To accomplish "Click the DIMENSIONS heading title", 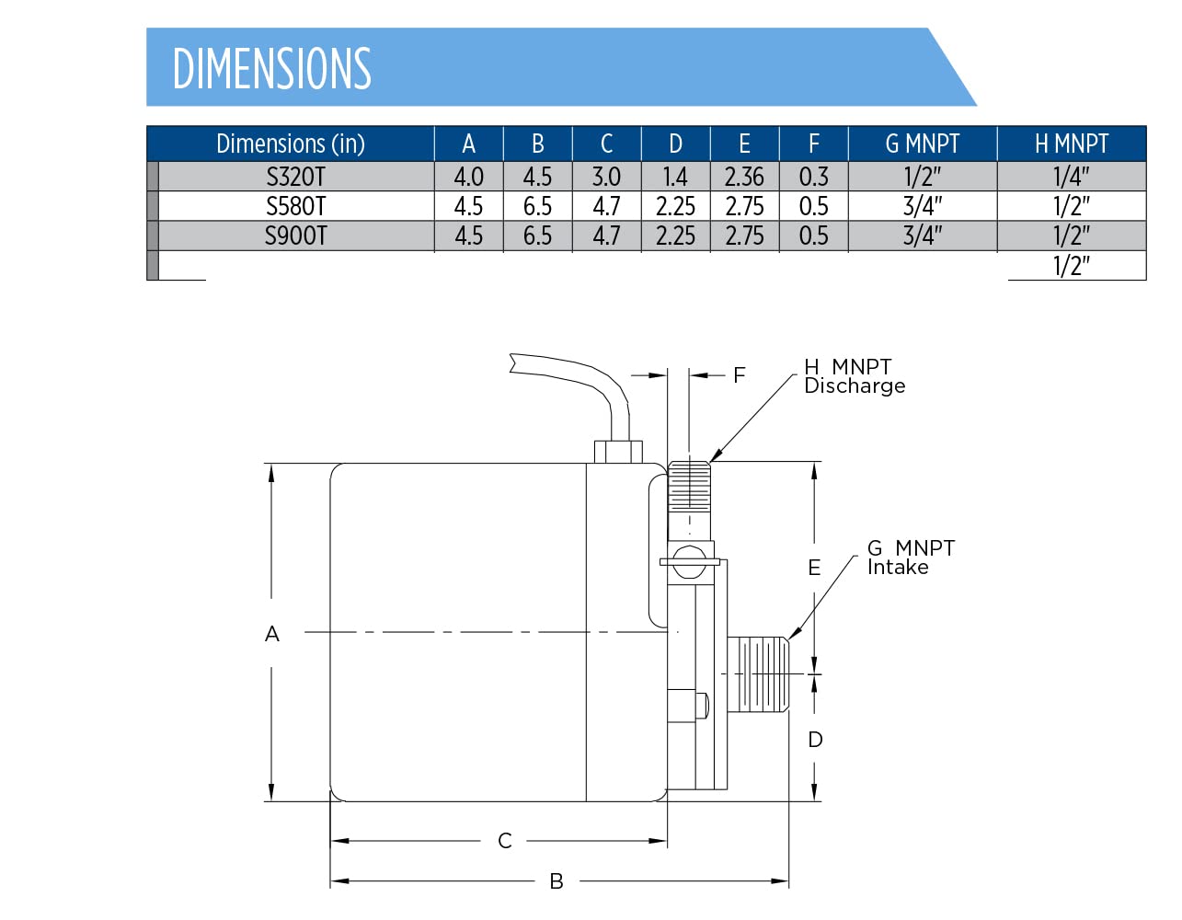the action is tap(271, 68).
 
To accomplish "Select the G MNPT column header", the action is tap(922, 144).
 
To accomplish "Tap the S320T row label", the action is tap(295, 177).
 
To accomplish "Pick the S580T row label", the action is tap(295, 206).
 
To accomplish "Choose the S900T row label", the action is tap(295, 236).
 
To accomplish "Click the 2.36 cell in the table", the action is tap(744, 177).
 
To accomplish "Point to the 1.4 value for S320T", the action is tap(675, 177).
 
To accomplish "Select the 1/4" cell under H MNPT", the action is tap(1072, 177).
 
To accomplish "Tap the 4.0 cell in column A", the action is tap(468, 177).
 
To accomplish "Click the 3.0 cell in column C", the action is tap(606, 177).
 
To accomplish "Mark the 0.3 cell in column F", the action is tap(813, 177).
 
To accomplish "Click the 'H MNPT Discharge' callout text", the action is tap(854, 376).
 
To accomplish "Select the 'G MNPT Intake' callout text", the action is tap(910, 558).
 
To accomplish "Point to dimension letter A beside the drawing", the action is tap(272, 634).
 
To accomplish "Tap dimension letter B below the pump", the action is tap(557, 881).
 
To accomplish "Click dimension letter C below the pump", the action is tap(505, 841).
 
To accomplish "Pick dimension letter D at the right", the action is tap(815, 740).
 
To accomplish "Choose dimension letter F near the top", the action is tap(740, 375).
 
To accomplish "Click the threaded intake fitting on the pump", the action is tap(759, 674).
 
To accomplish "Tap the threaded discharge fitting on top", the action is tap(689, 486).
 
